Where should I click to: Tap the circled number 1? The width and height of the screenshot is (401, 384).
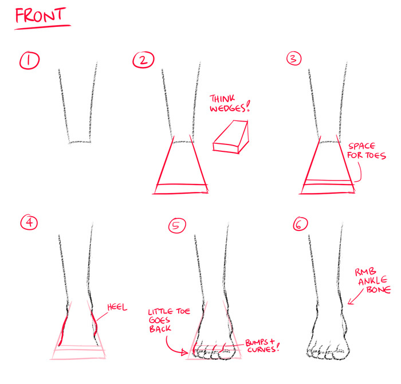[29, 60]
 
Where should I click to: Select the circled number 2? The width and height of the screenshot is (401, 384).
[143, 60]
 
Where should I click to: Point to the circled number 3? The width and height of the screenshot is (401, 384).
[294, 58]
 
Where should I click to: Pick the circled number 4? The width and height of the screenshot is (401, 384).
[29, 222]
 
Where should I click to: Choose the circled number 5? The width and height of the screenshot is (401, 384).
[177, 226]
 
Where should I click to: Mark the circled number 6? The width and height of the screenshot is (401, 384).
[300, 224]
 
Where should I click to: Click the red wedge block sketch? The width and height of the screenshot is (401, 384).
[231, 137]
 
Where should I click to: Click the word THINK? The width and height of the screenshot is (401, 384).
[222, 99]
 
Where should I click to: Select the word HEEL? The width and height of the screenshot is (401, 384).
[117, 307]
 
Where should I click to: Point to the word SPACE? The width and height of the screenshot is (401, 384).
[362, 146]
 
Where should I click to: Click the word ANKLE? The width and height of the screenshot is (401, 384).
[372, 281]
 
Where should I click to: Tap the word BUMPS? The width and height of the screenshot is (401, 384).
[257, 342]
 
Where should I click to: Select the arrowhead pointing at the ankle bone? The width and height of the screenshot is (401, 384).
[350, 301]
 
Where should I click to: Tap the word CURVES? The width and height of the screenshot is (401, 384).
[261, 350]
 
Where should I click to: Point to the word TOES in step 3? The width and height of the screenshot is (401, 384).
[375, 155]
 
